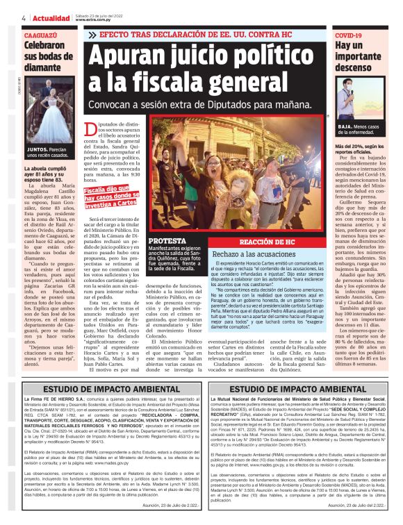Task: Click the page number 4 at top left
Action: (24, 17)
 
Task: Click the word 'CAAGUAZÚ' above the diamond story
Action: (41, 34)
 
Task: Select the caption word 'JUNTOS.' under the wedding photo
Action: (37, 149)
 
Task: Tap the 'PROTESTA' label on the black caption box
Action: (167, 241)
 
